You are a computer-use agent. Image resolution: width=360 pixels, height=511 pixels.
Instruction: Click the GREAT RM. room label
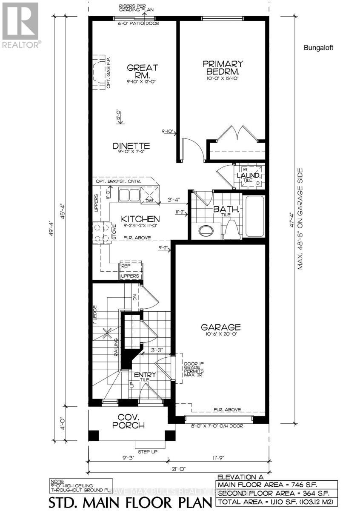tap(137, 72)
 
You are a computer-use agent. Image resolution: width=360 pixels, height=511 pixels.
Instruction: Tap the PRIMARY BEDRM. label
tap(222, 68)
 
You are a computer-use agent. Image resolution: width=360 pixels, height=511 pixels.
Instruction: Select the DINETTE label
tap(131, 146)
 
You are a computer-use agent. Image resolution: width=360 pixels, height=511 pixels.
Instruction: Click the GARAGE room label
tap(221, 327)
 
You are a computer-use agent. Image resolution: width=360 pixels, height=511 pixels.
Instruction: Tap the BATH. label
tap(223, 210)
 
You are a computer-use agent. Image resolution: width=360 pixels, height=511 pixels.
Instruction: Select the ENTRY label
tap(145, 375)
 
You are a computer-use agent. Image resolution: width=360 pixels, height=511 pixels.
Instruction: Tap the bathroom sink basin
tap(206, 230)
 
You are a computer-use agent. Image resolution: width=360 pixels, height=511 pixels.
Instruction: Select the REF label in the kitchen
tap(125, 266)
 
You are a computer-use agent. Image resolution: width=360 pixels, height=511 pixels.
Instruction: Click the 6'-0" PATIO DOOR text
tap(132, 23)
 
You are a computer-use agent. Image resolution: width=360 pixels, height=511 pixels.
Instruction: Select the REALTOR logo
tap(21, 23)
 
